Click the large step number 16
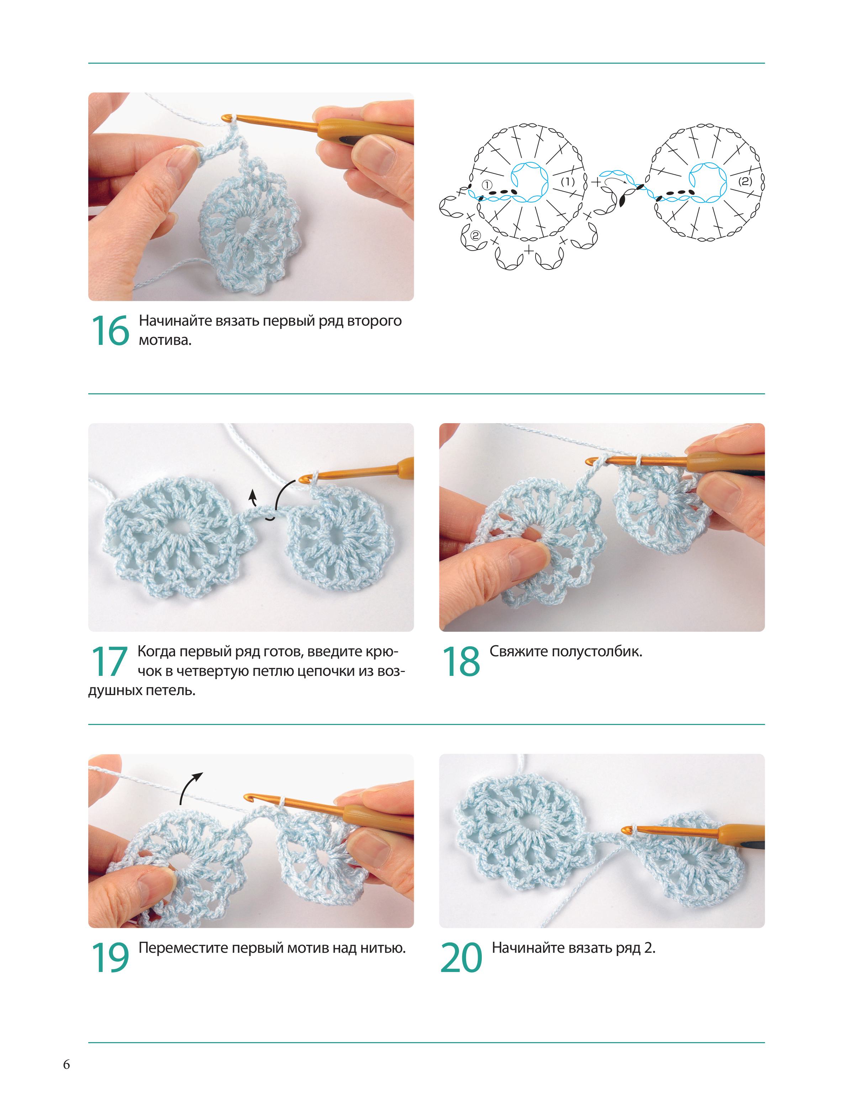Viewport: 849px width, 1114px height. pos(110,331)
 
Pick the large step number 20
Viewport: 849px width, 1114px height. pos(461,958)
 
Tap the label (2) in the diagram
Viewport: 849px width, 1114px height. pos(745,181)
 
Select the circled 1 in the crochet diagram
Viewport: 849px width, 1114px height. pos(487,185)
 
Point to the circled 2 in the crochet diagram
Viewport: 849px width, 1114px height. pos(475,235)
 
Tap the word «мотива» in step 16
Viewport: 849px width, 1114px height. pos(165,340)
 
